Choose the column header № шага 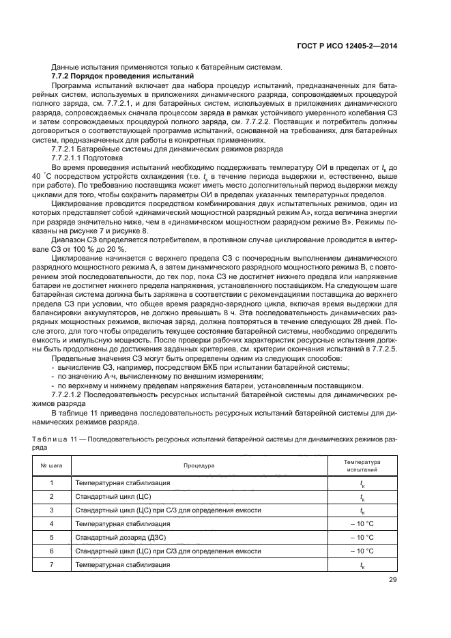tap(52, 466)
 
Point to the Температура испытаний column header tap(362, 466)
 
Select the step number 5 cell tap(52, 537)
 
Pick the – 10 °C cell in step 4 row tap(362, 523)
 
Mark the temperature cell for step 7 tap(362, 564)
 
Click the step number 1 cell tap(52, 483)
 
